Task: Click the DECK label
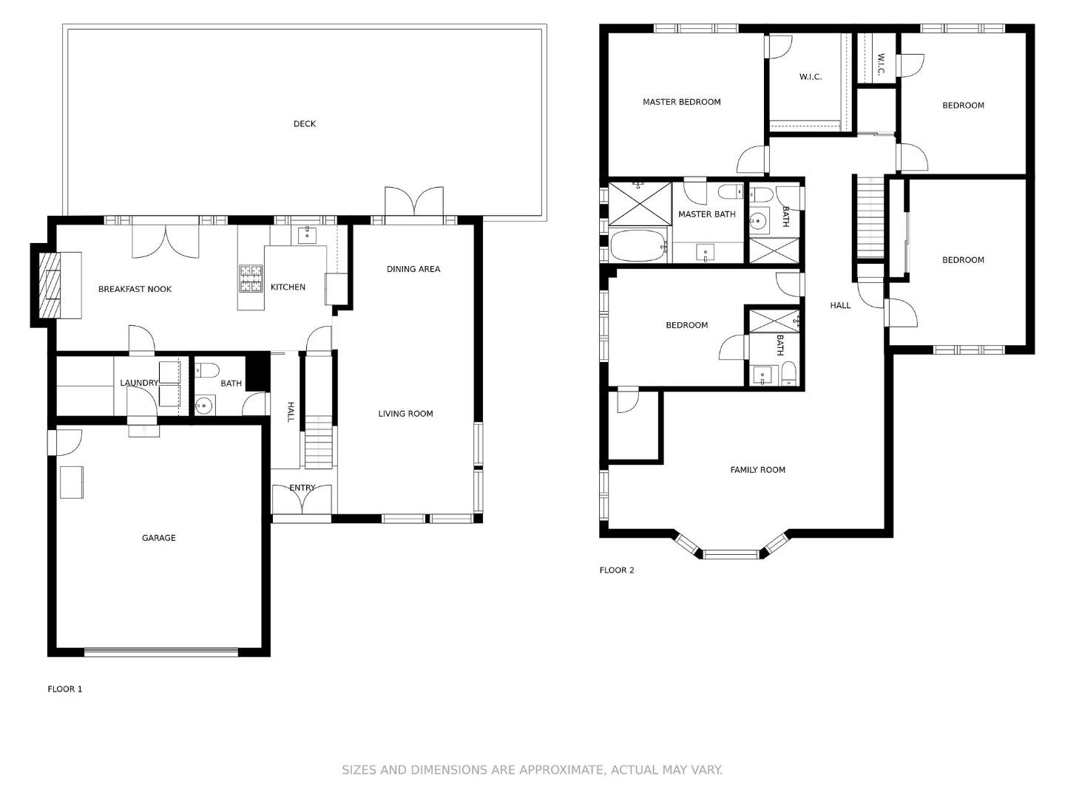(x=304, y=124)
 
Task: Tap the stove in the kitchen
(x=251, y=279)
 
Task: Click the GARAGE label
(x=158, y=538)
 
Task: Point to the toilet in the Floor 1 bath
(x=208, y=370)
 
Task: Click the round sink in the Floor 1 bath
(x=204, y=404)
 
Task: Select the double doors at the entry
(x=302, y=499)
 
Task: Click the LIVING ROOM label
(x=405, y=414)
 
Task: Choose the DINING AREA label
(x=413, y=269)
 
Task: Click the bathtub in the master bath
(x=638, y=245)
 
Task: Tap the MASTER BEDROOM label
(x=681, y=102)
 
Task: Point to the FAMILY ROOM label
(x=757, y=470)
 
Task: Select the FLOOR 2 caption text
(x=616, y=570)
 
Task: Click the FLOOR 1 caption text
(x=65, y=689)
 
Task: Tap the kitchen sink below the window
(x=307, y=236)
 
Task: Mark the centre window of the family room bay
(x=731, y=553)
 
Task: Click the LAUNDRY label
(x=139, y=383)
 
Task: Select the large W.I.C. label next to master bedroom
(x=810, y=77)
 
